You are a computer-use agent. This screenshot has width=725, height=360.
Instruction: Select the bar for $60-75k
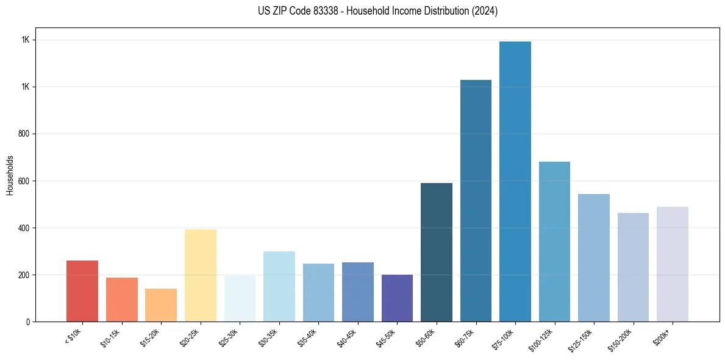tap(476, 201)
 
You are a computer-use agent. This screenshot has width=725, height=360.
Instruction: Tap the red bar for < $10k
tap(82, 291)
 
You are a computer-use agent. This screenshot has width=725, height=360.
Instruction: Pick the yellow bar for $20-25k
tap(200, 275)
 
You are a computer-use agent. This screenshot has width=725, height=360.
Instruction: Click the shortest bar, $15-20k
tap(161, 305)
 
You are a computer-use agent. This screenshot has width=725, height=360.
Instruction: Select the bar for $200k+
tap(672, 264)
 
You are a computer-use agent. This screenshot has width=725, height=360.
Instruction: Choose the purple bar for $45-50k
tap(397, 298)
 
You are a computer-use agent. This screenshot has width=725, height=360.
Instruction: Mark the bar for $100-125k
tap(554, 242)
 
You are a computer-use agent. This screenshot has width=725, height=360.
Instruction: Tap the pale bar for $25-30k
tap(240, 298)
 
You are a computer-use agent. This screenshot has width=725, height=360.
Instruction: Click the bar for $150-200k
tap(633, 267)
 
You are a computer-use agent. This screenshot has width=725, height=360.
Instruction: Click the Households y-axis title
tap(10, 175)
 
